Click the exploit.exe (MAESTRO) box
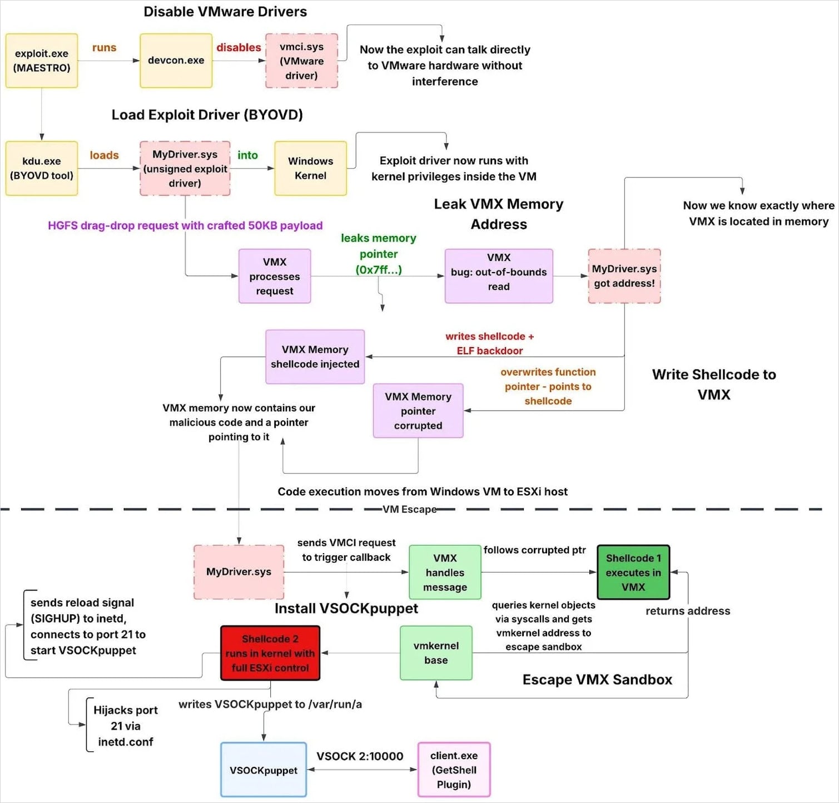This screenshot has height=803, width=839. [42, 61]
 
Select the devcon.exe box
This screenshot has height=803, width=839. [176, 61]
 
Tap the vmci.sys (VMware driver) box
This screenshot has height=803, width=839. [301, 61]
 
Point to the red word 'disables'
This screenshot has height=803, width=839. [239, 48]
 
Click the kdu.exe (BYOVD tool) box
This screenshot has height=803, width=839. [42, 168]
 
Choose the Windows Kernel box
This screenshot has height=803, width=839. [310, 168]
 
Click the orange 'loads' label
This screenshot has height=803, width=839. [104, 155]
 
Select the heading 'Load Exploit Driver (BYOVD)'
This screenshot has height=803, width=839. [207, 115]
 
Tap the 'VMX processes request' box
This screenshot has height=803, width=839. [274, 276]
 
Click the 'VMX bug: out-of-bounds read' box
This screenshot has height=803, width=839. [498, 272]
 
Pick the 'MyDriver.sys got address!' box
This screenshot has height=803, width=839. [624, 276]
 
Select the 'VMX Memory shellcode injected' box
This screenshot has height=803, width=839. [315, 357]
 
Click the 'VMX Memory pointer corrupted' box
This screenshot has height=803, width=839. [418, 411]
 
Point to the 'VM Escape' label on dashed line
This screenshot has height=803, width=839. [409, 509]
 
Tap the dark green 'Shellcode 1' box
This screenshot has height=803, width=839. [633, 572]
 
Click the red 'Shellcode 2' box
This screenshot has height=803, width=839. [270, 653]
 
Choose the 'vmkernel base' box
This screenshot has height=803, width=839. [436, 653]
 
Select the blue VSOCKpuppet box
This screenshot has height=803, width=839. [264, 770]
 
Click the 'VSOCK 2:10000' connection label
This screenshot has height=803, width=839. [360, 756]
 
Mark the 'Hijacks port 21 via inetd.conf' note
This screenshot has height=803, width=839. [125, 726]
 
